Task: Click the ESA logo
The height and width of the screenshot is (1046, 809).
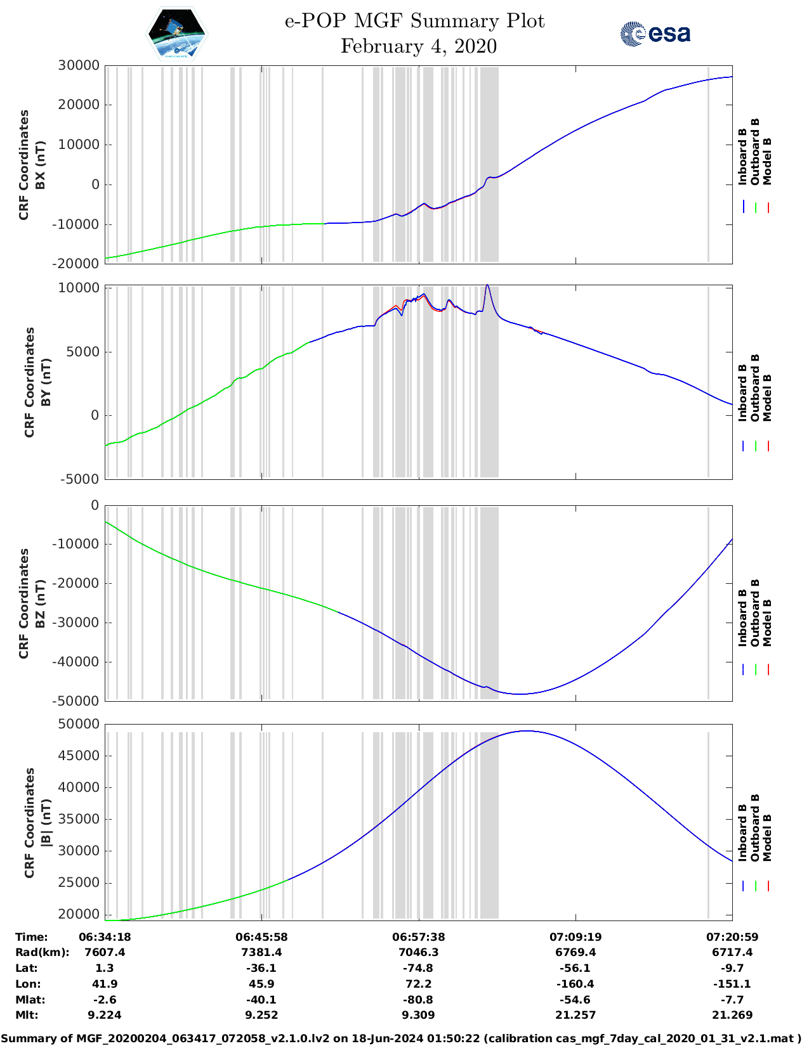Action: point(655,34)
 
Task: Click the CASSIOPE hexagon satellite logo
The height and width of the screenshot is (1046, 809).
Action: point(176,34)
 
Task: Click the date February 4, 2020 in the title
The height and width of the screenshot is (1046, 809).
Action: point(418,46)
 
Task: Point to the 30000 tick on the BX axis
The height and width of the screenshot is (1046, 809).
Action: point(78,65)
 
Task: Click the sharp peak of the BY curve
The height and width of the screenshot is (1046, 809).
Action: point(487,285)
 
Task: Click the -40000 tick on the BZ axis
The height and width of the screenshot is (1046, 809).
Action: point(78,662)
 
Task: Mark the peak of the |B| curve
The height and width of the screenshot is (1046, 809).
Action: point(526,731)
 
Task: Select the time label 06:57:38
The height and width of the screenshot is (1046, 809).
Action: point(418,937)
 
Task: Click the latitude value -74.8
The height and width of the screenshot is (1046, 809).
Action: point(418,968)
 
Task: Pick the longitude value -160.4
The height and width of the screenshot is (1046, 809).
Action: point(576,984)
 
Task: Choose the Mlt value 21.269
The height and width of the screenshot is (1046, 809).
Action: point(732,1015)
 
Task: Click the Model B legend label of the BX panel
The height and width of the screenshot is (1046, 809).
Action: point(767,161)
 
